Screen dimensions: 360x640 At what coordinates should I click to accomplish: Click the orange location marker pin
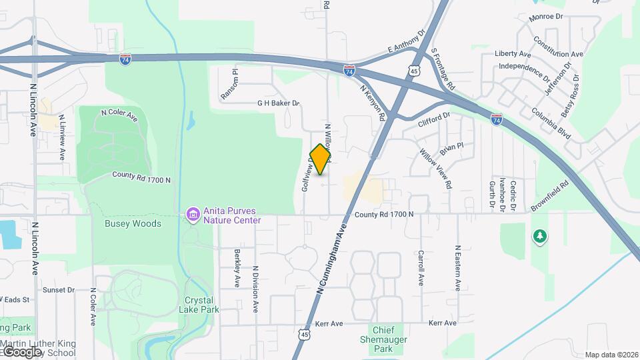coord(321,159)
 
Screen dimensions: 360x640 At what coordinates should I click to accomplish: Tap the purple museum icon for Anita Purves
coord(193,215)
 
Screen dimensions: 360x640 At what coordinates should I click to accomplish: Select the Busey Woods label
coord(133,224)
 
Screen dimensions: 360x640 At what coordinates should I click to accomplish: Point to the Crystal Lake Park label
coord(199,305)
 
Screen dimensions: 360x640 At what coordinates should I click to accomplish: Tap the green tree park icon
coord(539,237)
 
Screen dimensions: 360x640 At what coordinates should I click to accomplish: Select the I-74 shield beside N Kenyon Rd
coord(349,69)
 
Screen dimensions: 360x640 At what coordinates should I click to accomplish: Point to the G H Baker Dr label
coord(279,103)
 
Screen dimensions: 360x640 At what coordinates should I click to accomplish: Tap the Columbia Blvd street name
coord(551,123)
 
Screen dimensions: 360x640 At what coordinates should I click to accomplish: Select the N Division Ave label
coord(255,289)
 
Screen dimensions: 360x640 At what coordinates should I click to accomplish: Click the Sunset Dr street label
coord(59,290)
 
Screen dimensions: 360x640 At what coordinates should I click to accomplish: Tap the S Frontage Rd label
coord(443,69)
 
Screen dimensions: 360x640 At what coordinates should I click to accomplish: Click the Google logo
coord(22,351)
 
